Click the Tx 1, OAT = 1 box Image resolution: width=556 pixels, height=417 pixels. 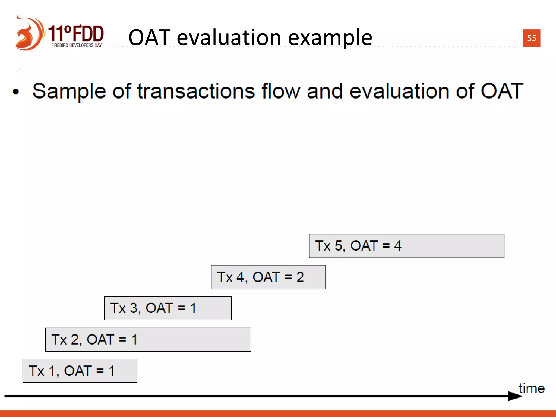(80, 371)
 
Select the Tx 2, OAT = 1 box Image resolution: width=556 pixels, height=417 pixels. (148, 340)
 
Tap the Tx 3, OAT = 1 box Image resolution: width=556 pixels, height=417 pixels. (168, 308)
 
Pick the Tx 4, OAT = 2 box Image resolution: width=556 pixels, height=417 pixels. (268, 277)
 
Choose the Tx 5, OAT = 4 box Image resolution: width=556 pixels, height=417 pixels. (406, 246)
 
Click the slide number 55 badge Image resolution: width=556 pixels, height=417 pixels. (531, 38)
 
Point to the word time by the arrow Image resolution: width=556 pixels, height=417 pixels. (531, 388)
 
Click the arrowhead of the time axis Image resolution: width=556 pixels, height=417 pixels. (514, 396)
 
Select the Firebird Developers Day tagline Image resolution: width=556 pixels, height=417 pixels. (76, 45)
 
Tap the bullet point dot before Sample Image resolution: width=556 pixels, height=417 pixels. (16, 92)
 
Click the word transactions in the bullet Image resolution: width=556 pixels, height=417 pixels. (196, 91)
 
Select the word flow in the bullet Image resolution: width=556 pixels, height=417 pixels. (281, 91)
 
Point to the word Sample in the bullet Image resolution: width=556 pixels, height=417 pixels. (69, 91)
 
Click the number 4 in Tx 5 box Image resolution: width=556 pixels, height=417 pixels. (398, 246)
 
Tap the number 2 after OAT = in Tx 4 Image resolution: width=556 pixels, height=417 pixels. (300, 277)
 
